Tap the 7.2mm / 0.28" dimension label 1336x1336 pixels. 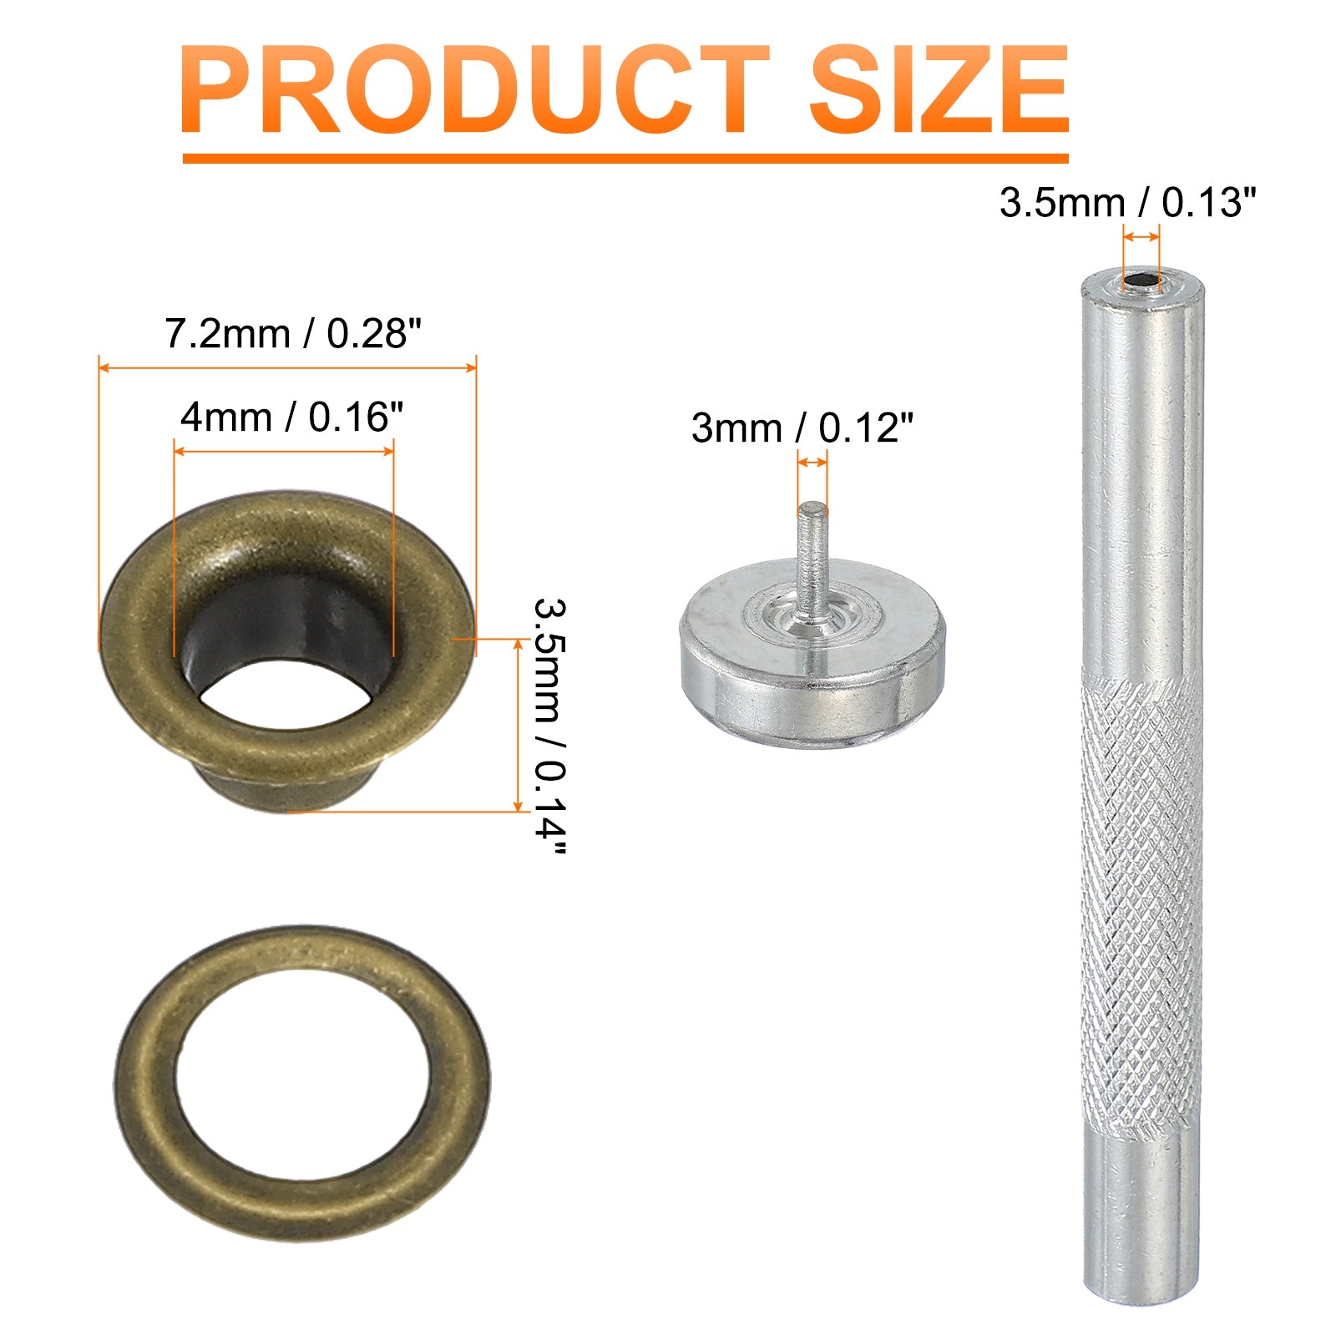[x=288, y=334]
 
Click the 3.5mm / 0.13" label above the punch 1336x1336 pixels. [x=1127, y=203]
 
